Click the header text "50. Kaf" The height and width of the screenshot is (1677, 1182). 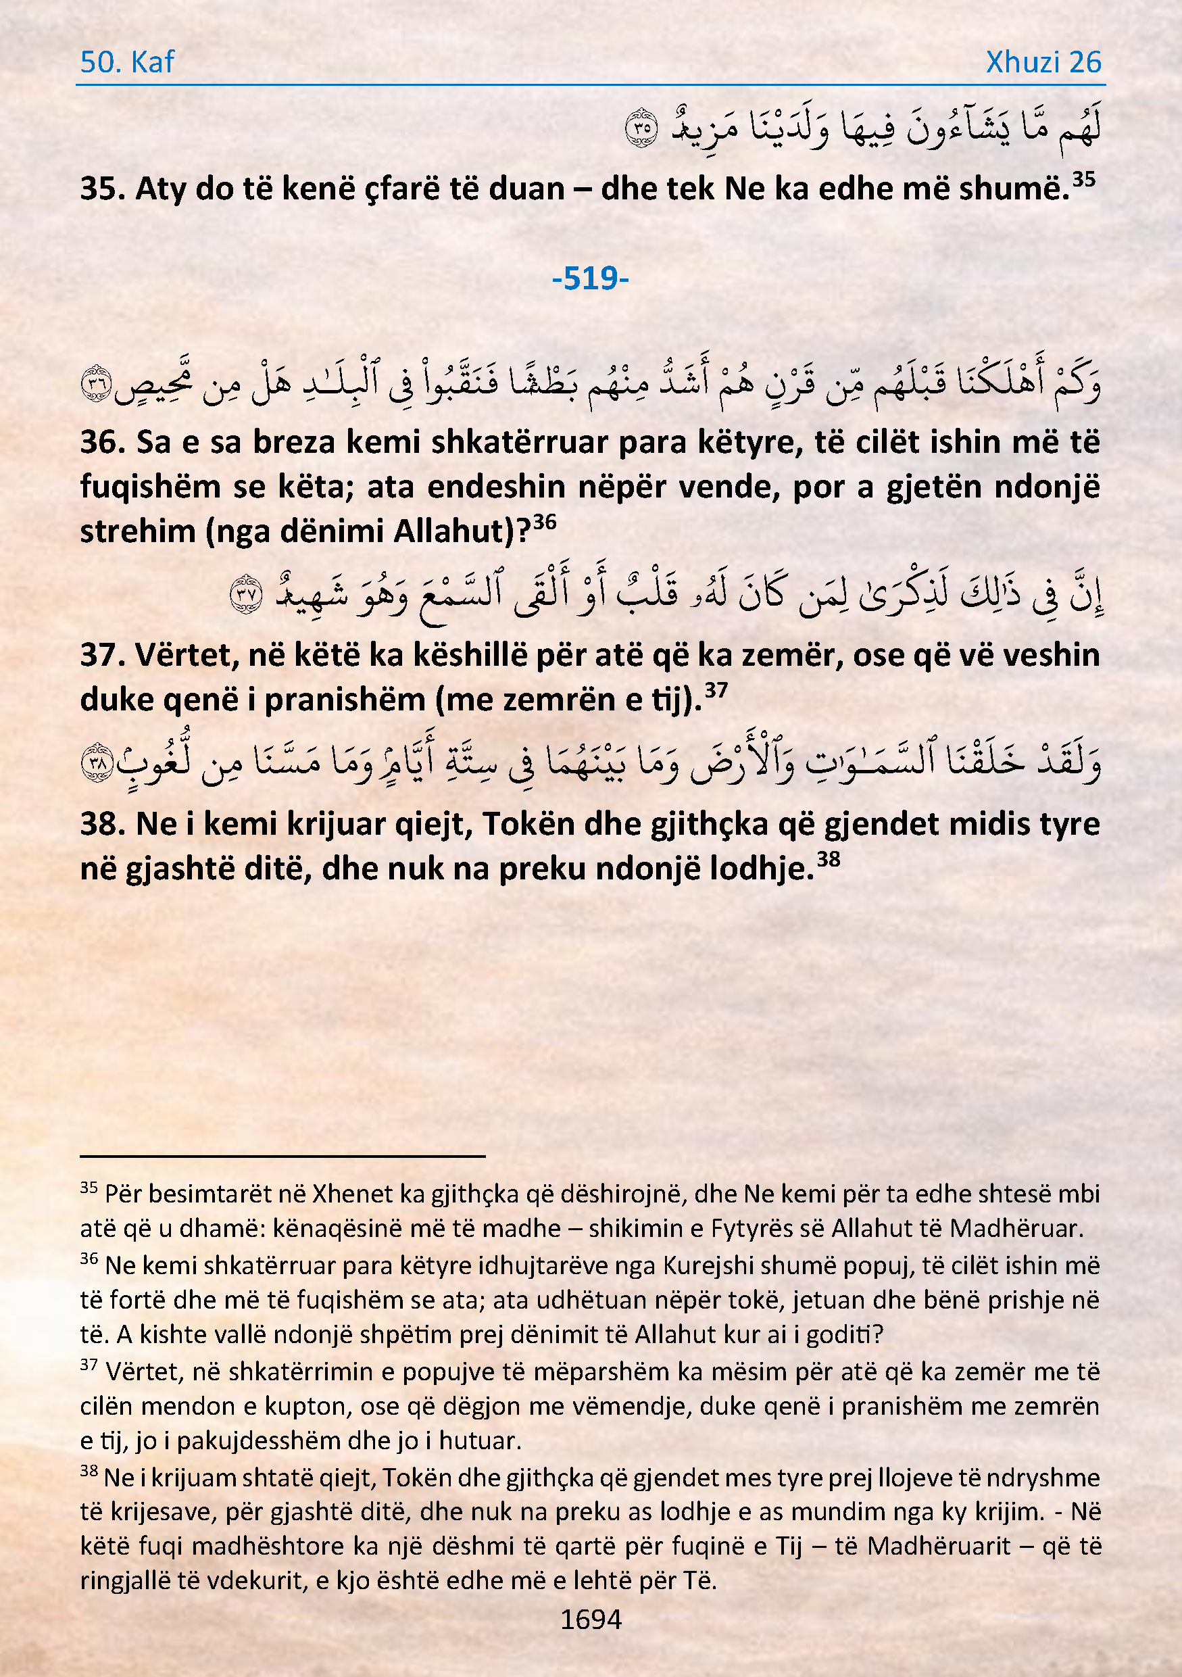127,62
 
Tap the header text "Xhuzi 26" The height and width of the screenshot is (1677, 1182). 1043,62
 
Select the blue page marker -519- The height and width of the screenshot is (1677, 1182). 590,278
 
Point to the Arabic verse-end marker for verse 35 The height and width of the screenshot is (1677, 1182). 642,127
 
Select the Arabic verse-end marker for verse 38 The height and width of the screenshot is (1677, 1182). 97,762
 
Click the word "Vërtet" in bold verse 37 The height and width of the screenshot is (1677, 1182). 186,655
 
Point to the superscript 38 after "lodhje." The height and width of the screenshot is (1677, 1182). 828,858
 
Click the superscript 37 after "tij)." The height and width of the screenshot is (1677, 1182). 716,689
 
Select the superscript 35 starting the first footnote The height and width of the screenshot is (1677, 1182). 89,1188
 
